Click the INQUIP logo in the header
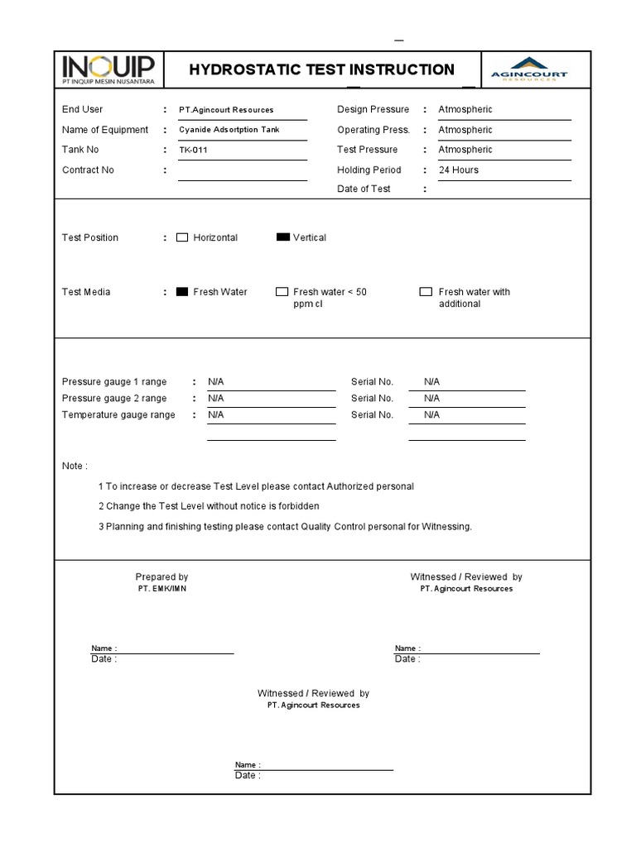(x=108, y=70)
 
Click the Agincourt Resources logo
(x=529, y=69)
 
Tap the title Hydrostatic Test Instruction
(x=321, y=70)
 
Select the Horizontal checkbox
(x=182, y=237)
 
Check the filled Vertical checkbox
(x=283, y=237)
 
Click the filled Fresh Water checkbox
(x=182, y=292)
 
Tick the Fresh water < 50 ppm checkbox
(x=282, y=292)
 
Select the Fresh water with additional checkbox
(x=426, y=292)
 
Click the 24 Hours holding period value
(x=458, y=170)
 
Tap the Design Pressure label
(x=373, y=110)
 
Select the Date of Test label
(x=364, y=189)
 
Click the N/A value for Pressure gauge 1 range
(x=216, y=382)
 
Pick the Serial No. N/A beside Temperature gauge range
(x=431, y=415)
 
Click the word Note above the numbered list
(x=74, y=467)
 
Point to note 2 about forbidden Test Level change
(x=209, y=506)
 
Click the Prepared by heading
(x=161, y=577)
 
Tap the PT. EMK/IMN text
(x=162, y=589)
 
